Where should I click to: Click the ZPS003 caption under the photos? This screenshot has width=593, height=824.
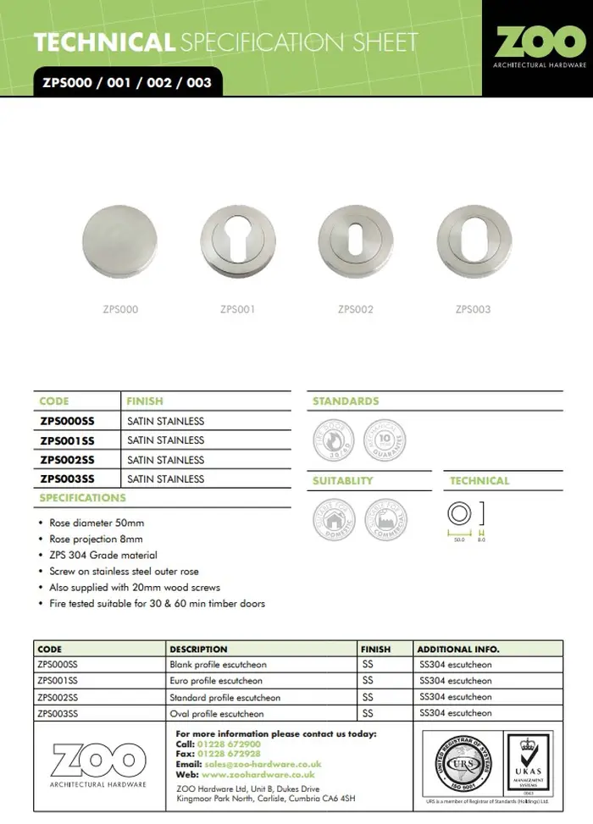point(473,310)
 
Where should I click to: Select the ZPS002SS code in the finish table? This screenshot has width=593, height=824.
point(68,460)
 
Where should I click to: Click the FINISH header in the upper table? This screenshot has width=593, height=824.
point(145,401)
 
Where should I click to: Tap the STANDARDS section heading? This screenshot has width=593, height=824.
point(346,401)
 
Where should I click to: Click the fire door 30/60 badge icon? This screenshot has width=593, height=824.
point(331,440)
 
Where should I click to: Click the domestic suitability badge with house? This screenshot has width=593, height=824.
point(331,518)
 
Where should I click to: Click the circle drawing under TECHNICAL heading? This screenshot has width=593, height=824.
point(458,514)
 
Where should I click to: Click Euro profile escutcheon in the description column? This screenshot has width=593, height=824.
point(216,681)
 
